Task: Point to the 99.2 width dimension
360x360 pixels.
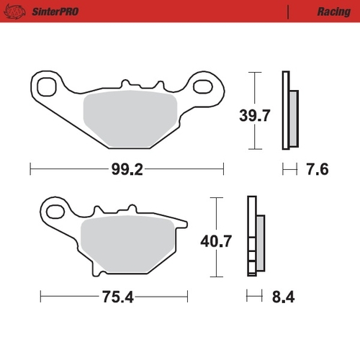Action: (x=127, y=170)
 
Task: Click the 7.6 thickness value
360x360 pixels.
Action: (x=318, y=170)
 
